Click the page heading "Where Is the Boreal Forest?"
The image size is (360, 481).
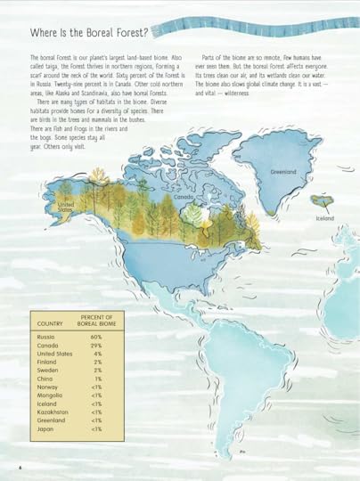(88, 33)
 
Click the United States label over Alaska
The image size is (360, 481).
(65, 208)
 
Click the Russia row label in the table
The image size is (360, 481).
(46, 338)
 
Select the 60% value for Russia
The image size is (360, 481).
(96, 338)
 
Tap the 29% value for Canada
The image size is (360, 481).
(96, 346)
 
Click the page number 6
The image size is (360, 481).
(20, 467)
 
